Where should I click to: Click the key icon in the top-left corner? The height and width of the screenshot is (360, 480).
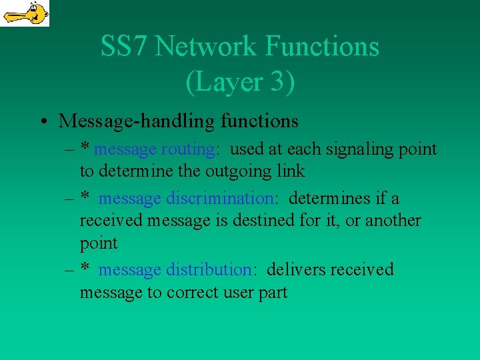(25, 13)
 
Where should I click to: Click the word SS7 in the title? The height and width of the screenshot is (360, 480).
(125, 47)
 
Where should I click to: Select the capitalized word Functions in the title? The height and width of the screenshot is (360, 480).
(322, 47)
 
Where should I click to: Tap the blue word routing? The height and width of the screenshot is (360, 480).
(189, 149)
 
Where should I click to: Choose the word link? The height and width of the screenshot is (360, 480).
(291, 171)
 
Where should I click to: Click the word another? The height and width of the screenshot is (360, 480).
(389, 220)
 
